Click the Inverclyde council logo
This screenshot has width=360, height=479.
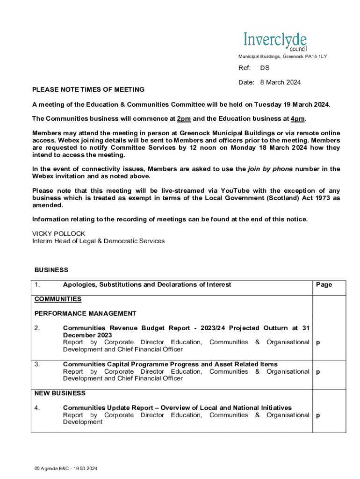pos(275,42)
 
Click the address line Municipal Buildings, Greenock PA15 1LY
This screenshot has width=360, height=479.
pos(282,57)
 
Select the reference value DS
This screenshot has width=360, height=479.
pos(265,68)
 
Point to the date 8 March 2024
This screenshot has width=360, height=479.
pos(281,82)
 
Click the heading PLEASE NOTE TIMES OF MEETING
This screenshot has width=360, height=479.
pos(88,89)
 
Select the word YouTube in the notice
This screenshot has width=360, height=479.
pos(236,190)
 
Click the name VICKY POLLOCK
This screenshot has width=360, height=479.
pos(58,233)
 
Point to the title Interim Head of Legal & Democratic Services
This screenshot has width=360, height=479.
pos(98,241)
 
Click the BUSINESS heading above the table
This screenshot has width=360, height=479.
pos(51,270)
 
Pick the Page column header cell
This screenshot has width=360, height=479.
pos(324,284)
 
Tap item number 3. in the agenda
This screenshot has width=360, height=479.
pos(37,364)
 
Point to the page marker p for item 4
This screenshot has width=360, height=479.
pos(318,415)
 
